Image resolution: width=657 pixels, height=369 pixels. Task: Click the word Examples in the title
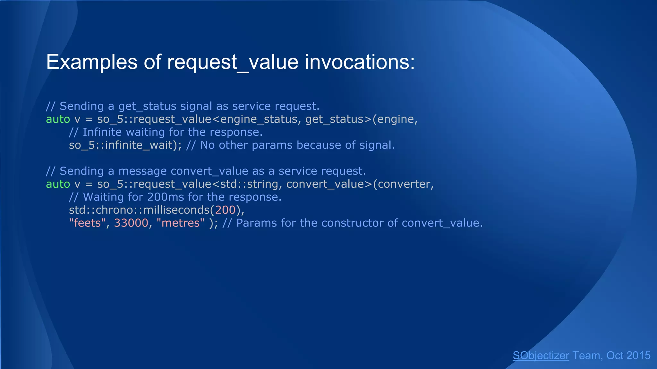click(x=91, y=62)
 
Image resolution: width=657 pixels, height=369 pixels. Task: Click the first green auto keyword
click(x=58, y=119)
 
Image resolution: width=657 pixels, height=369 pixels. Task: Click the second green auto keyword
click(x=58, y=184)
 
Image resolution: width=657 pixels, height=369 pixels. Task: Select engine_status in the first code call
click(x=259, y=119)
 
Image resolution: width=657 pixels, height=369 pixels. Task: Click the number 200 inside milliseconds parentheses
click(x=226, y=210)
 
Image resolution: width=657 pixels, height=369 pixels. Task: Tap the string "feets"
click(x=87, y=223)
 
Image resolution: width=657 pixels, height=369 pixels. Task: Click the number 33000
click(x=131, y=223)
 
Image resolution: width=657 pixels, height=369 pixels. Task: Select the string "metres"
click(x=180, y=223)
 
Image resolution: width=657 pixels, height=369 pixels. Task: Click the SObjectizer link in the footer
click(x=541, y=356)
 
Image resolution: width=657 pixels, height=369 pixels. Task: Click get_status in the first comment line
click(x=147, y=106)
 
